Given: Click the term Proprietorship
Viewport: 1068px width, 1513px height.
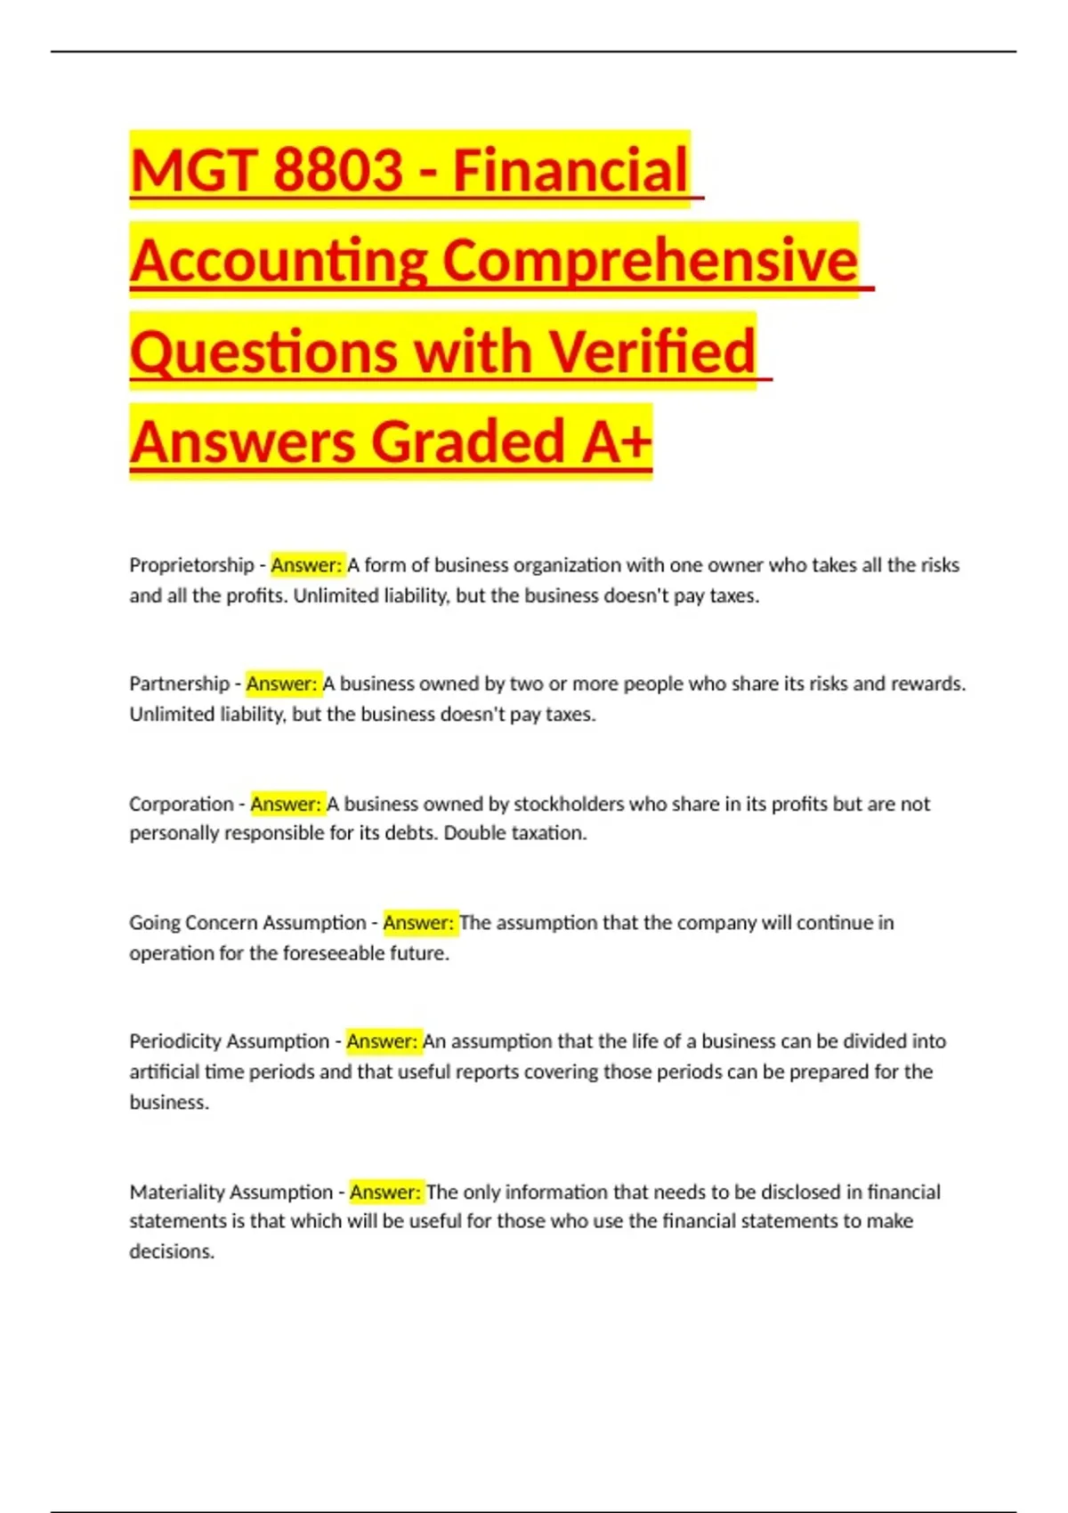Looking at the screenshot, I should [191, 565].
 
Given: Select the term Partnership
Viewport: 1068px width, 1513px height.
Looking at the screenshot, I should [179, 684].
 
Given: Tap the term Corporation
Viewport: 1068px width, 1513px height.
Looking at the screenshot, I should [181, 804].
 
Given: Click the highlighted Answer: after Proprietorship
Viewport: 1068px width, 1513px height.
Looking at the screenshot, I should [307, 565].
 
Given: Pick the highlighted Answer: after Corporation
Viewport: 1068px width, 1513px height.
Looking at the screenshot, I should [287, 804].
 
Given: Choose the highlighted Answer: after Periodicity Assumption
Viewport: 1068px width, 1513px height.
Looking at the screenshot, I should [383, 1041].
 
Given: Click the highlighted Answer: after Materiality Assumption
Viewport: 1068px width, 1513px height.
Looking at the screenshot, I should [385, 1192].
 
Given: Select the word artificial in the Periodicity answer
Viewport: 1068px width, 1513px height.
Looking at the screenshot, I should [165, 1072].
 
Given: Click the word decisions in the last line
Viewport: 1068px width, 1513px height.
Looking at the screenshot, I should [172, 1251].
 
